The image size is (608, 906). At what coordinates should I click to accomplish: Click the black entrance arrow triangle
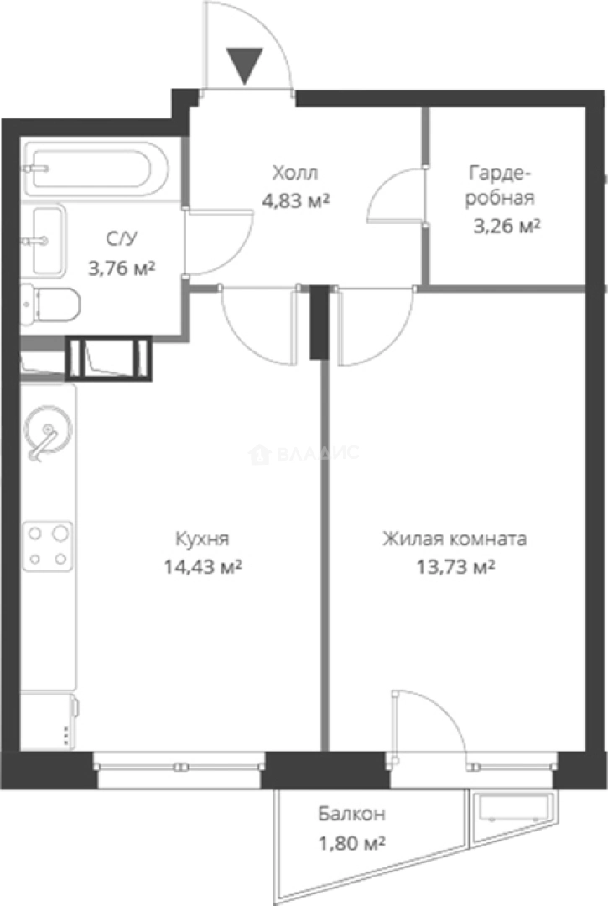click(x=245, y=65)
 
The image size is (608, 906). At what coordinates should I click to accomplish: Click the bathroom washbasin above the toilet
click(x=48, y=241)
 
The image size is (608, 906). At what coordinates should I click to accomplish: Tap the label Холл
click(x=295, y=174)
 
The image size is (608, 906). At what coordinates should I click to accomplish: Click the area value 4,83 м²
click(x=295, y=200)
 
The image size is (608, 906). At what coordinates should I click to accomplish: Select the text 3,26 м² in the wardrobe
click(x=504, y=225)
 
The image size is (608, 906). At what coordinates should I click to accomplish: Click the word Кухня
click(x=202, y=538)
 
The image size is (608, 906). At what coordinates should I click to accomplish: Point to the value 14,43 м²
click(x=202, y=567)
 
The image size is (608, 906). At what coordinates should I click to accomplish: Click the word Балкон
click(x=351, y=814)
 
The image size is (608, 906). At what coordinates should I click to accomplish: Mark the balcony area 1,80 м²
click(x=351, y=842)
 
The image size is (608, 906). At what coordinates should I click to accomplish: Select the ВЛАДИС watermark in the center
click(x=305, y=454)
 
